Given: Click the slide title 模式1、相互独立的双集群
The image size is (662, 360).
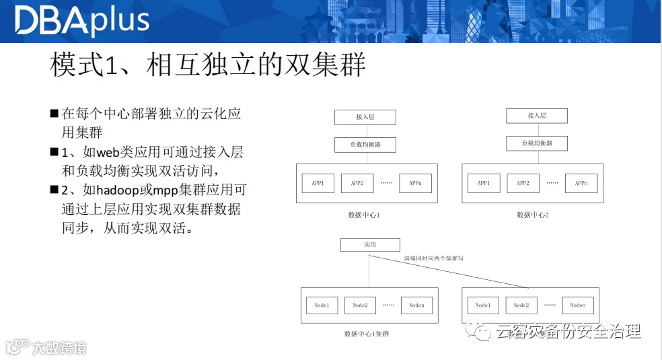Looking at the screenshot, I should (207, 66).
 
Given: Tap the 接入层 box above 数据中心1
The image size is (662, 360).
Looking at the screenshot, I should (365, 117).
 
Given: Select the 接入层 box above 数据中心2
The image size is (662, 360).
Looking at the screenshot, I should (537, 116).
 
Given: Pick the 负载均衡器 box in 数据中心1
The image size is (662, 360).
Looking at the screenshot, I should (365, 144).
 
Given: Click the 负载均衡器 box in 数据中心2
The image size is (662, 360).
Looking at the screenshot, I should (537, 143).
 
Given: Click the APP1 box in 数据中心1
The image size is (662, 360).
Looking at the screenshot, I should (318, 183).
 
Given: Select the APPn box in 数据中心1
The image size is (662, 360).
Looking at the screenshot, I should (415, 183).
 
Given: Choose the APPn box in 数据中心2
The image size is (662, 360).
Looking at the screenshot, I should (581, 183).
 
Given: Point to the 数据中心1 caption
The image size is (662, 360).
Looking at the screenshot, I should (364, 215).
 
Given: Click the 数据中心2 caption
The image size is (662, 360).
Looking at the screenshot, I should (533, 215).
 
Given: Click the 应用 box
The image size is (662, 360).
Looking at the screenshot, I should (370, 245).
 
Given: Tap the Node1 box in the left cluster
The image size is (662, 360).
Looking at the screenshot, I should (322, 305).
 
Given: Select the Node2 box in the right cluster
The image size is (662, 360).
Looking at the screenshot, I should (521, 305).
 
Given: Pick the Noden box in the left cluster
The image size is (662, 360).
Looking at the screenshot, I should (417, 305).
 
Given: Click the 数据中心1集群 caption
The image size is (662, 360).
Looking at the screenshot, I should (366, 334).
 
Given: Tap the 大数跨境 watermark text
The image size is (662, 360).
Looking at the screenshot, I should (60, 348).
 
